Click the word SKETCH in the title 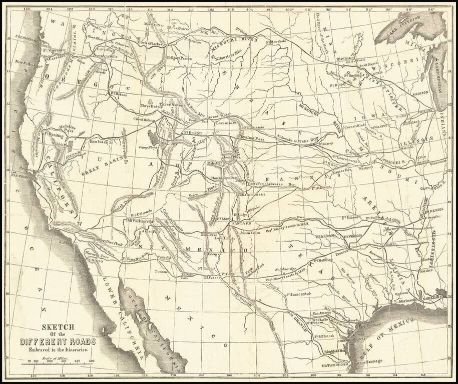[59, 326]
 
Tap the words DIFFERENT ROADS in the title [59, 342]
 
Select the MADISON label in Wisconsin [419, 92]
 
